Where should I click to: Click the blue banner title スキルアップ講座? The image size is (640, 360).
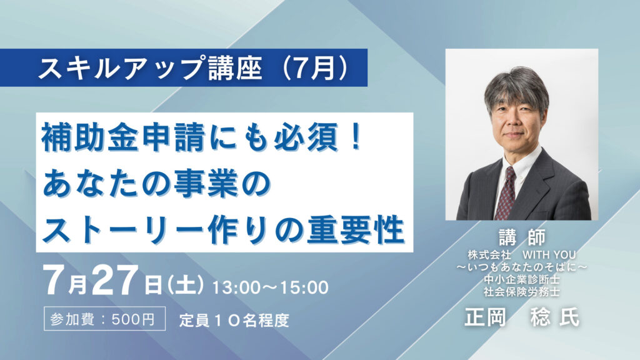tap(149, 67)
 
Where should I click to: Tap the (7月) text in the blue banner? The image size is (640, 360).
tap(315, 67)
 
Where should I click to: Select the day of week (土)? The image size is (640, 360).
tap(185, 284)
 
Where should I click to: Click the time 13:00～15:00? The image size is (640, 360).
tap(270, 287)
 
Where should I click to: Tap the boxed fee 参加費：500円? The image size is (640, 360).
tap(104, 318)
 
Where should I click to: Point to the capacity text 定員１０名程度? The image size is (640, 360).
tap(234, 321)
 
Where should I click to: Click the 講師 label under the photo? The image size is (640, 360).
tap(522, 237)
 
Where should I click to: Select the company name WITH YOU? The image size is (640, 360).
tap(549, 255)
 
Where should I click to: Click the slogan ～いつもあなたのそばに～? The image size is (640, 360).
tap(522, 267)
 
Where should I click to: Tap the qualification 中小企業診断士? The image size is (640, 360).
tap(522, 279)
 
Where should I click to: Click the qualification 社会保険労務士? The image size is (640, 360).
tap(522, 292)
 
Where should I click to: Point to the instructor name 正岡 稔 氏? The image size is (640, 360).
tap(522, 317)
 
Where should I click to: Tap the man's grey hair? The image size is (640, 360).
tap(516, 87)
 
